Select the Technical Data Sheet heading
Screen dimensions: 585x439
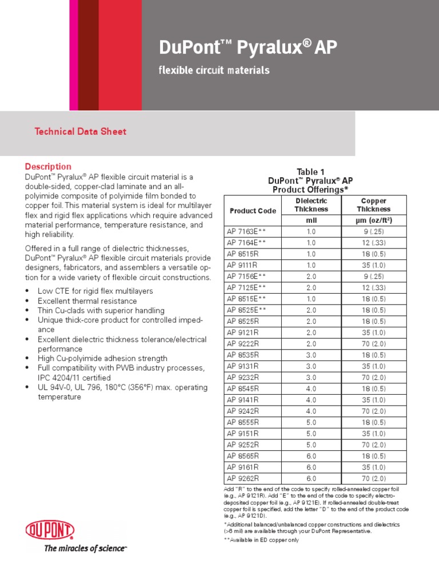(x=81, y=131)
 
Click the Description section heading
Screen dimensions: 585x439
(x=48, y=166)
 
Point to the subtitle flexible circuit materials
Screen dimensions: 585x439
(x=213, y=70)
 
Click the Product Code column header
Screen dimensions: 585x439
(x=253, y=210)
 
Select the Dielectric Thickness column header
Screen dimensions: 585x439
(x=311, y=205)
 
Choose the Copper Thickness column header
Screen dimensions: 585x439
(x=374, y=205)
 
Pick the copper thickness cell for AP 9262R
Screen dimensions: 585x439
(x=374, y=478)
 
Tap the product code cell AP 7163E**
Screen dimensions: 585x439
(x=246, y=231)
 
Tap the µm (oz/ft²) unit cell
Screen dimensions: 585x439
(x=374, y=220)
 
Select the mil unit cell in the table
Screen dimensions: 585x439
(x=311, y=220)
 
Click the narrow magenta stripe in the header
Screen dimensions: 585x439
(x=74, y=55)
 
